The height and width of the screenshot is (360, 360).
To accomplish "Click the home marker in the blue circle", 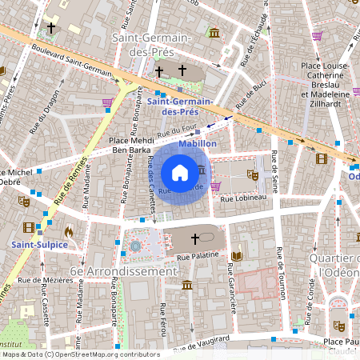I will click(180, 172).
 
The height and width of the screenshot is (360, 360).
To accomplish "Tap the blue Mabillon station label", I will click(198, 143).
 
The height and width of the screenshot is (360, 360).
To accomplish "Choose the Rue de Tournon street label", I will click(281, 274).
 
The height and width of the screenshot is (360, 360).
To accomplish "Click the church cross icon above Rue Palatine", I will click(194, 238).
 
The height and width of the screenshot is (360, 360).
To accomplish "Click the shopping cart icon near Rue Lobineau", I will click(215, 186).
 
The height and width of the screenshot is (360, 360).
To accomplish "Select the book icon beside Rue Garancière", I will click(236, 256).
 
